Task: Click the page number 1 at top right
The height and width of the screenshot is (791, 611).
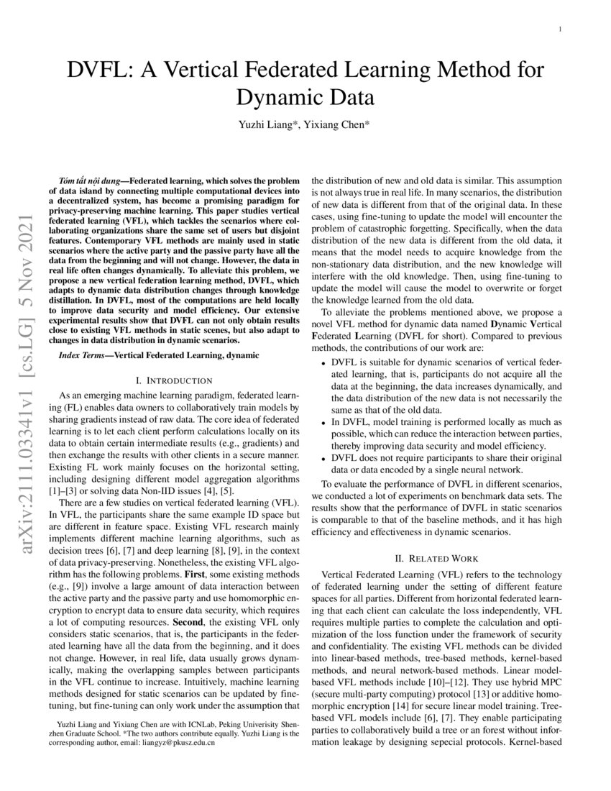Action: pyautogui.click(x=560, y=29)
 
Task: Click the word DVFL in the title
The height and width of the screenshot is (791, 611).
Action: pyautogui.click(x=98, y=70)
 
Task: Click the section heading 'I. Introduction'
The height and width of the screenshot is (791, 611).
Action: pyautogui.click(x=174, y=380)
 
